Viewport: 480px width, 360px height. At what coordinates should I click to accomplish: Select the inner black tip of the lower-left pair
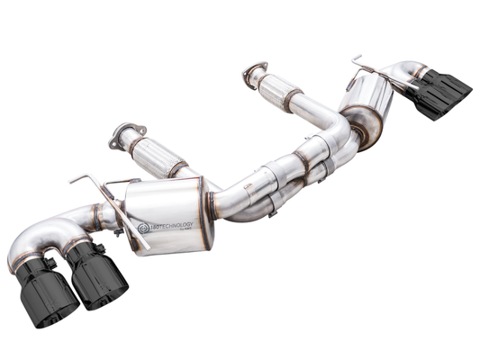pyautogui.click(x=96, y=275)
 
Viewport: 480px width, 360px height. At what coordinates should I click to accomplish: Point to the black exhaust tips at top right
pyautogui.click(x=442, y=93)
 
